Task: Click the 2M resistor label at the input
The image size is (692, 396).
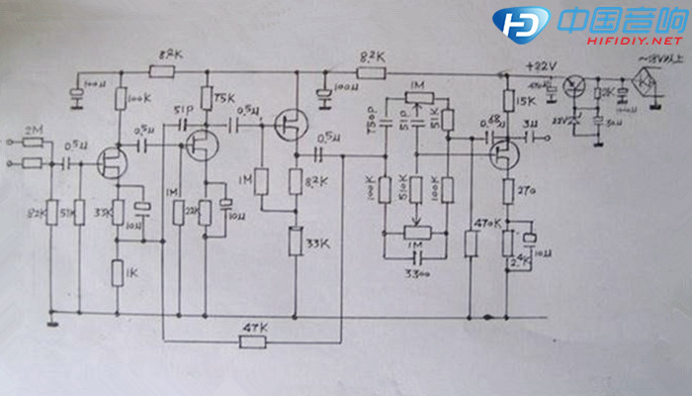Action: tap(33, 130)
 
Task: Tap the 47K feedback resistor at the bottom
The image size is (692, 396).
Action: tap(254, 342)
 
